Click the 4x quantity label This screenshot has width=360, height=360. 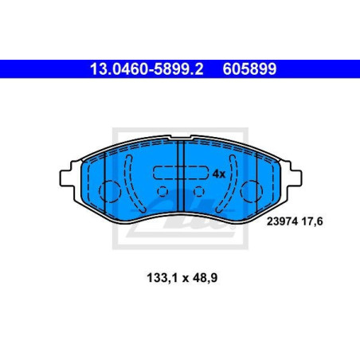219,172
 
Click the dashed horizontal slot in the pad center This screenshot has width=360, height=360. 180,172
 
